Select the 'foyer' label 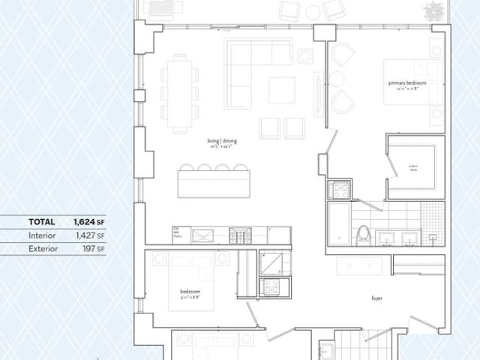[x=376, y=298]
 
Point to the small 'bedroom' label [x=190, y=291]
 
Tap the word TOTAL [x=41, y=222]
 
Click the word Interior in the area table [x=42, y=235]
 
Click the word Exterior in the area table [x=43, y=248]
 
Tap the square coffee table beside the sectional [x=281, y=90]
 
